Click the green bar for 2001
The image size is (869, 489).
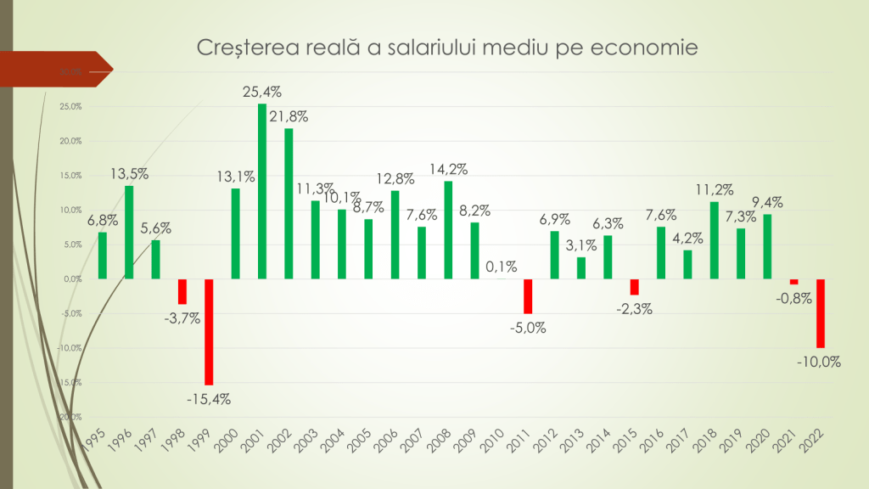pos(262,191)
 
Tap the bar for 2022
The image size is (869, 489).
pos(821,313)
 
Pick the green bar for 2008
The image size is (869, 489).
pos(448,230)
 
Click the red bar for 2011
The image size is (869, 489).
pos(528,296)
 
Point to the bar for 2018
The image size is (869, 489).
pos(715,240)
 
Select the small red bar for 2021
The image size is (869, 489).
pos(794,282)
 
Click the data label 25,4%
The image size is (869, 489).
pos(263,92)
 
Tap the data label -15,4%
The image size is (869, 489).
pos(209,398)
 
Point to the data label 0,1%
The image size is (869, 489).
pos(502,267)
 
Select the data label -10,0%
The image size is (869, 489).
pos(819,362)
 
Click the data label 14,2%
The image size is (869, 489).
pos(448,169)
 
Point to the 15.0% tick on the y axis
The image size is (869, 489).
pos(71,176)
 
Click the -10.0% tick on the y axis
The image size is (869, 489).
pos(70,348)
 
